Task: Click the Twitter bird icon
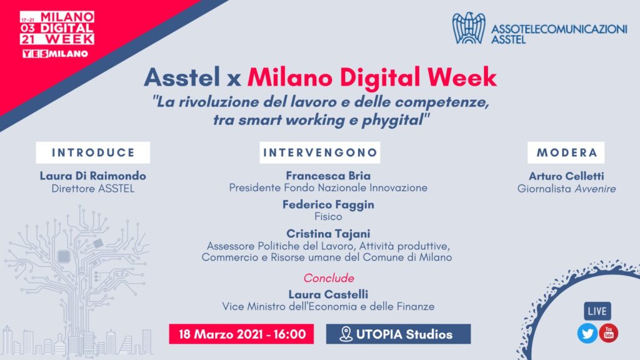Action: pos(587,333)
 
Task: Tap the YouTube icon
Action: pos(608,333)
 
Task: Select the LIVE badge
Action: pos(597,311)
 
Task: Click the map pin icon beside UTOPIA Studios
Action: pos(345,334)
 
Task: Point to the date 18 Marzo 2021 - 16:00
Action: pos(241,334)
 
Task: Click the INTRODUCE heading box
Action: pos(92,152)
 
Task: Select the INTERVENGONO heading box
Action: pos(319,152)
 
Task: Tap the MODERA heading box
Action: pos(567,152)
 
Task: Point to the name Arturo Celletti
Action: pos(567,176)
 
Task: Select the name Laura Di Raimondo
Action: pos(92,176)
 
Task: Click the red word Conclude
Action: pos(329,278)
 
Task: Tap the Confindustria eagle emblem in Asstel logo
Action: pos(469,28)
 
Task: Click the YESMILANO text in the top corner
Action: pos(55,54)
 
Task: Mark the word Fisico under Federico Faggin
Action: pos(328,217)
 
